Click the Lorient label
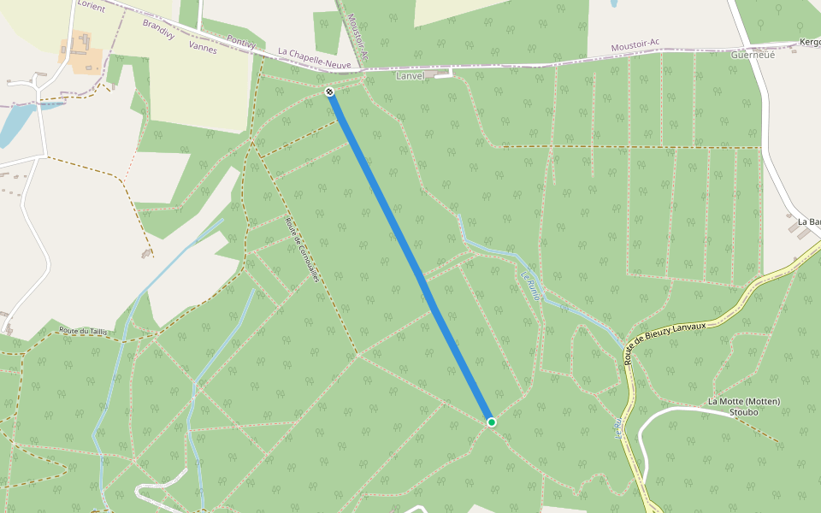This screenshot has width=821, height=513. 91,6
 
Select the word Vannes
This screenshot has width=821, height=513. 204,50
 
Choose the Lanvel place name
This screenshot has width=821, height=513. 410,76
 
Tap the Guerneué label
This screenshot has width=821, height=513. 753,55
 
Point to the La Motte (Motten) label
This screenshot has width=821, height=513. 744,402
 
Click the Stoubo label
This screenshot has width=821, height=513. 743,412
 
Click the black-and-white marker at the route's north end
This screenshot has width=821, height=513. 330,91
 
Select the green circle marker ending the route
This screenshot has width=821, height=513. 492,422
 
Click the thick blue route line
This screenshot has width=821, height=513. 410,256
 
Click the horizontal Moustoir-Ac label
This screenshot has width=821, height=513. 635,45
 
